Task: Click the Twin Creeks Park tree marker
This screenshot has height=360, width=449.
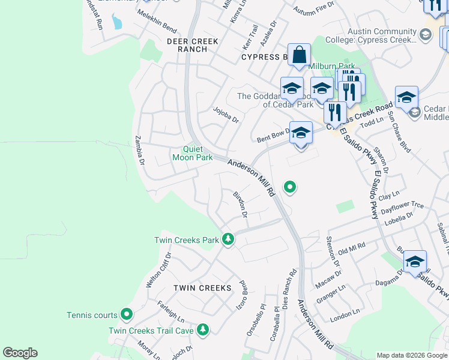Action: [228, 239]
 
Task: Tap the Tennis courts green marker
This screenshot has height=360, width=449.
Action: [127, 314]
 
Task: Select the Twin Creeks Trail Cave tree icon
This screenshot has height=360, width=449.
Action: [203, 329]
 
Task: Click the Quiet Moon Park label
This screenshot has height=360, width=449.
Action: [192, 154]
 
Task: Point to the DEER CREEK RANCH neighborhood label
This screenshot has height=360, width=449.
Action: [193, 46]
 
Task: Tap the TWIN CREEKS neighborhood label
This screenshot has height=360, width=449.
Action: [202, 288]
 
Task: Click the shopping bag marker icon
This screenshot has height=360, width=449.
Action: [299, 56]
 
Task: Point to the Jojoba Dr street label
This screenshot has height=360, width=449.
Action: [226, 115]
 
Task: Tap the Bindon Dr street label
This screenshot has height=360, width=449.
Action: [241, 203]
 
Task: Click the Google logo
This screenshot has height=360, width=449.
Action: [20, 353]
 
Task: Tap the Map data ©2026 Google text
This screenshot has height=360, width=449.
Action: [411, 355]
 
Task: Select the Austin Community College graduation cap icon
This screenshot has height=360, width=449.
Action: [425, 35]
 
